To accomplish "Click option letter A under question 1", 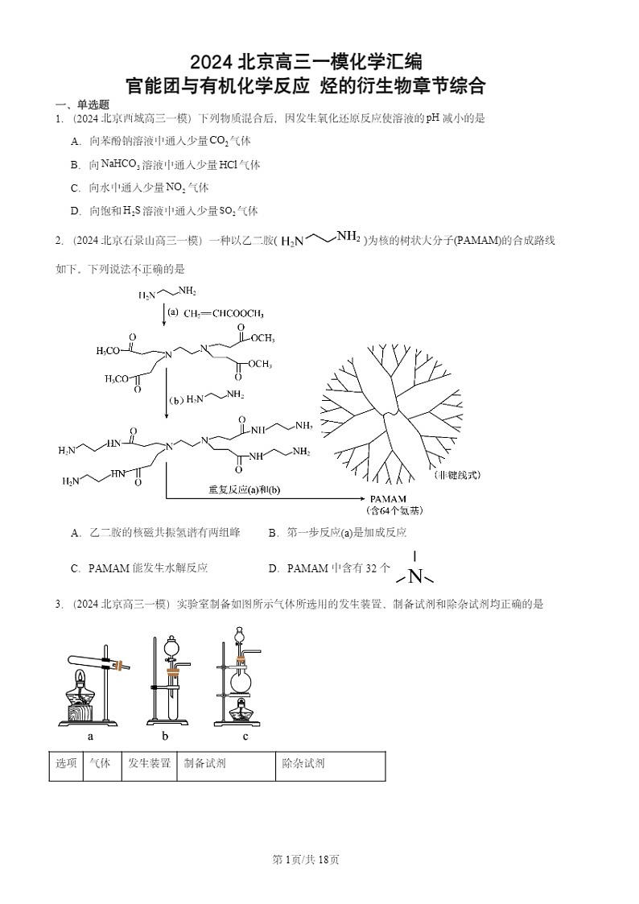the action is coord(76,141).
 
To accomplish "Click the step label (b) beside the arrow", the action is coord(176,399).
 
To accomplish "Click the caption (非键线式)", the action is coord(456,475).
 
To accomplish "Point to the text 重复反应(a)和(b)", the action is coord(247,489).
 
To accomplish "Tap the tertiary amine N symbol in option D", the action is coord(415,576).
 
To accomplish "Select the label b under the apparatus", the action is coord(164,736).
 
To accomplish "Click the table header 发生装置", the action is coord(149,764).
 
